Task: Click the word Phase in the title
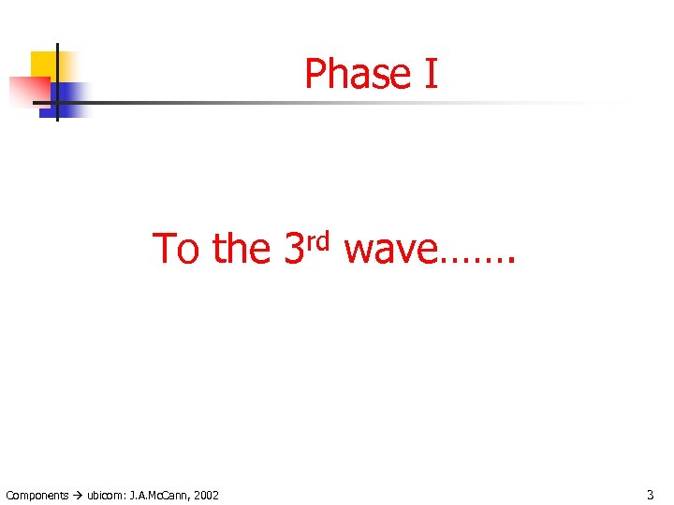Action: point(359,74)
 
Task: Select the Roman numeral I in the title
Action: point(431,74)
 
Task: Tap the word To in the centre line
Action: point(176,249)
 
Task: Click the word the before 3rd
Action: point(242,249)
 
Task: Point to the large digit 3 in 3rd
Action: point(293,249)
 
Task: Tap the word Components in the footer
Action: point(37,495)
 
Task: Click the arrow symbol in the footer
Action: point(79,495)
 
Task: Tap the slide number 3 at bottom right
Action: point(650,494)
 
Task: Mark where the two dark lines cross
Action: point(57,101)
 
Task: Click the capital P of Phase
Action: point(315,74)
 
